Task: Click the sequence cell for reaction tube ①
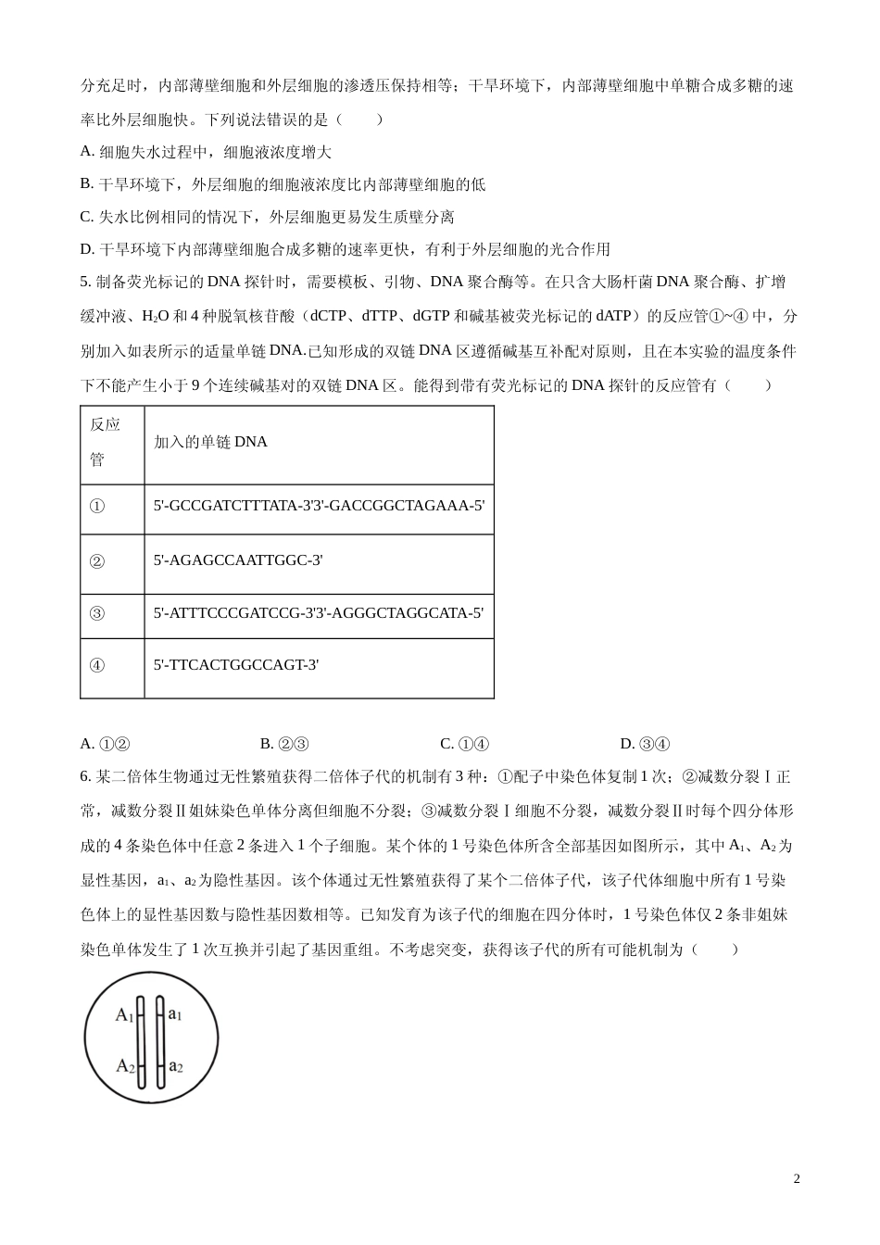pos(319,506)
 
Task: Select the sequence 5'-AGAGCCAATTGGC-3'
pos(238,560)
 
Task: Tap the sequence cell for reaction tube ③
pos(319,612)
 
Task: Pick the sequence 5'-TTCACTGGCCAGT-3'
pos(236,664)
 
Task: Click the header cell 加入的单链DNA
pos(210,442)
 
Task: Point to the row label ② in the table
pos(96,560)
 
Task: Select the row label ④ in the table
pos(96,665)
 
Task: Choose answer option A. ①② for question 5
pos(105,743)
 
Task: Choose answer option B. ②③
pos(284,743)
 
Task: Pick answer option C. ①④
pos(464,743)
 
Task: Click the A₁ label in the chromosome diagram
pos(124,1015)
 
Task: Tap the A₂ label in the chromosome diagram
pos(125,1066)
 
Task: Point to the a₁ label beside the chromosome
pos(175,1014)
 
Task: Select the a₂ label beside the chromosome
pos(176,1065)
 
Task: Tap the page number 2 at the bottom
pos(797,1178)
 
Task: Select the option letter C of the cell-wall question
pos(86,217)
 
